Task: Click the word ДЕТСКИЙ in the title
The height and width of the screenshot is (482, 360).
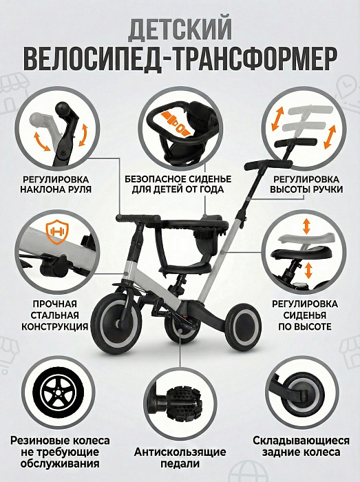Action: click(x=180, y=30)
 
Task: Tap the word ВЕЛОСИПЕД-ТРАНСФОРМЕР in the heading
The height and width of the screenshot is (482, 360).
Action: click(x=180, y=59)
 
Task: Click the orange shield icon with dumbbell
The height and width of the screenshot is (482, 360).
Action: click(x=57, y=232)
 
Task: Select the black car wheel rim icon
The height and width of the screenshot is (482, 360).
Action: click(x=59, y=392)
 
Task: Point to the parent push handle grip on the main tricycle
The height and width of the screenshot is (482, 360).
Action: click(x=268, y=165)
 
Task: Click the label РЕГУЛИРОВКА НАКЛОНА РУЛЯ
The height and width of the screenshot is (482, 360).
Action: click(x=56, y=184)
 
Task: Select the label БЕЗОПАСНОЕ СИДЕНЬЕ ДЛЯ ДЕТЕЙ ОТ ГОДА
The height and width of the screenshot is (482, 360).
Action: click(x=178, y=184)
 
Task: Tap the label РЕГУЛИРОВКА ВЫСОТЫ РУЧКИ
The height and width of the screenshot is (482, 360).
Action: click(x=306, y=184)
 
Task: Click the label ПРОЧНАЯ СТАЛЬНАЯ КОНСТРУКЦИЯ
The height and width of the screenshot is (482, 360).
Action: click(x=54, y=315)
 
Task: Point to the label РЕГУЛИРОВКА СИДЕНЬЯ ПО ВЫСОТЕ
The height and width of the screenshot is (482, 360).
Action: click(x=305, y=315)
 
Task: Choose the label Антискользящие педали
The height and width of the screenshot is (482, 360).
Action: click(x=180, y=457)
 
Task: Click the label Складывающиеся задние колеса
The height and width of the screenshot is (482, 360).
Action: click(x=301, y=446)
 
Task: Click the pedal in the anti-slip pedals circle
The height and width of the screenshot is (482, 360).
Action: click(x=182, y=401)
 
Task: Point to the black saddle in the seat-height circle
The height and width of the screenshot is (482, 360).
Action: click(x=301, y=253)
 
